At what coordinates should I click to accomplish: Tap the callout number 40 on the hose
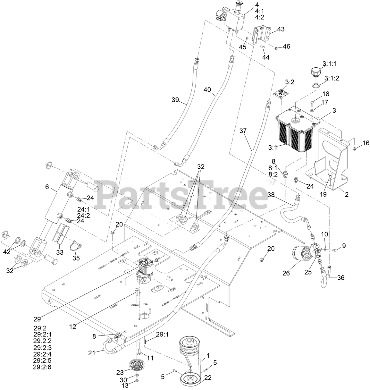207,90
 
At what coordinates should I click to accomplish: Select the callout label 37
243,131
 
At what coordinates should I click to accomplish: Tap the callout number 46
286,46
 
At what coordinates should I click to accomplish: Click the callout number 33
60,252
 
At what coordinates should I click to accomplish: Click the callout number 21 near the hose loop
92,353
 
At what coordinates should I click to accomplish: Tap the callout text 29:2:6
42,367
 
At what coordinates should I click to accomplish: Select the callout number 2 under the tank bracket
346,194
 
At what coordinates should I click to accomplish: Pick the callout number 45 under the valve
243,47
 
